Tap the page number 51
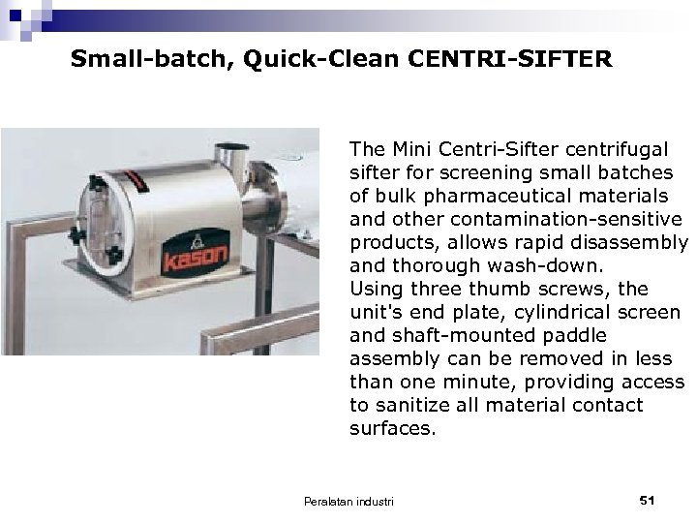point(649,499)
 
